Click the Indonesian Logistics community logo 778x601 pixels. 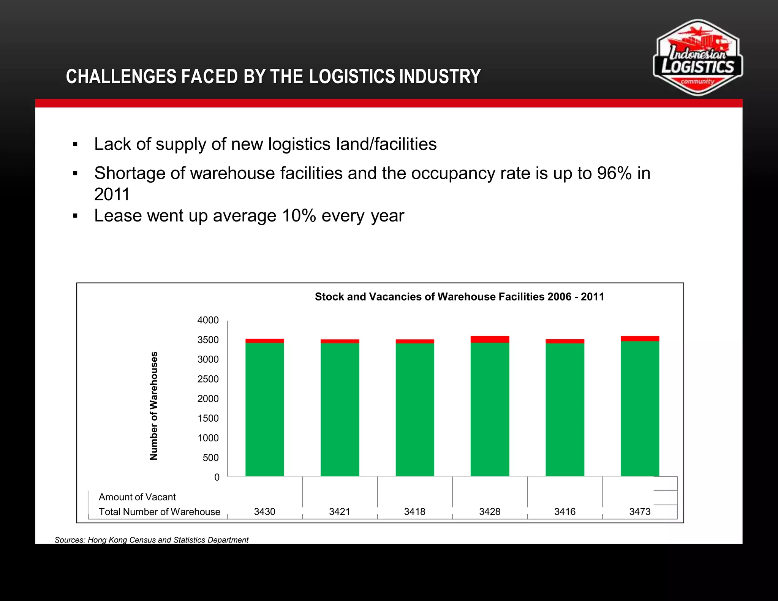(x=697, y=58)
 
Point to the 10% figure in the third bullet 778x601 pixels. (x=299, y=216)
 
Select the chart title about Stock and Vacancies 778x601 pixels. (x=459, y=297)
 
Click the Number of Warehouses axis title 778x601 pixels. (x=153, y=406)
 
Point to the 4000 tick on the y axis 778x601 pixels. (x=208, y=320)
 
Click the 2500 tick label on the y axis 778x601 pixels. (x=208, y=379)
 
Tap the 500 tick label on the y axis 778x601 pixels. (x=211, y=458)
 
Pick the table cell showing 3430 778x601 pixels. (x=264, y=512)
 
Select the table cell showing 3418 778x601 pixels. (x=414, y=512)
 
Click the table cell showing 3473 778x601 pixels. (x=640, y=512)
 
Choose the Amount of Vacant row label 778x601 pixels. (x=137, y=497)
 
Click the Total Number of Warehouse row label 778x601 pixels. (x=160, y=512)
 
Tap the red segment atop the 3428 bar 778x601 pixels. (x=490, y=339)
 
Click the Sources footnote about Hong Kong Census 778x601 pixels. (x=151, y=540)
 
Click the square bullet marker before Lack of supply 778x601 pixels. (x=75, y=144)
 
